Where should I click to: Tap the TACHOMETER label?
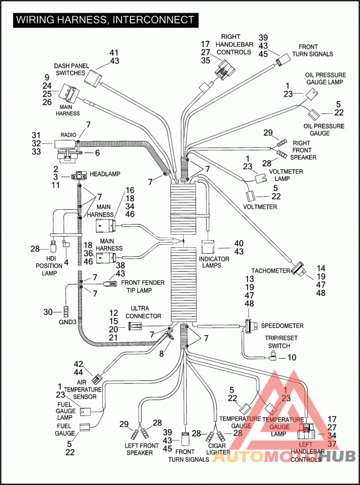click(270, 270)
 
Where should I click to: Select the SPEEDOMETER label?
click(282, 326)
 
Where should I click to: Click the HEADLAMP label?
click(104, 174)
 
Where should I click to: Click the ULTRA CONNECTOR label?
click(146, 313)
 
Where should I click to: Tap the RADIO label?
click(68, 135)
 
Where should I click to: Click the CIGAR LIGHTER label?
click(218, 449)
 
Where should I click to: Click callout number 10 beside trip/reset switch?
click(292, 358)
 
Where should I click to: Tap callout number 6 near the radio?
click(97, 153)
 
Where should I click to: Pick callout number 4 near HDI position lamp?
click(66, 261)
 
